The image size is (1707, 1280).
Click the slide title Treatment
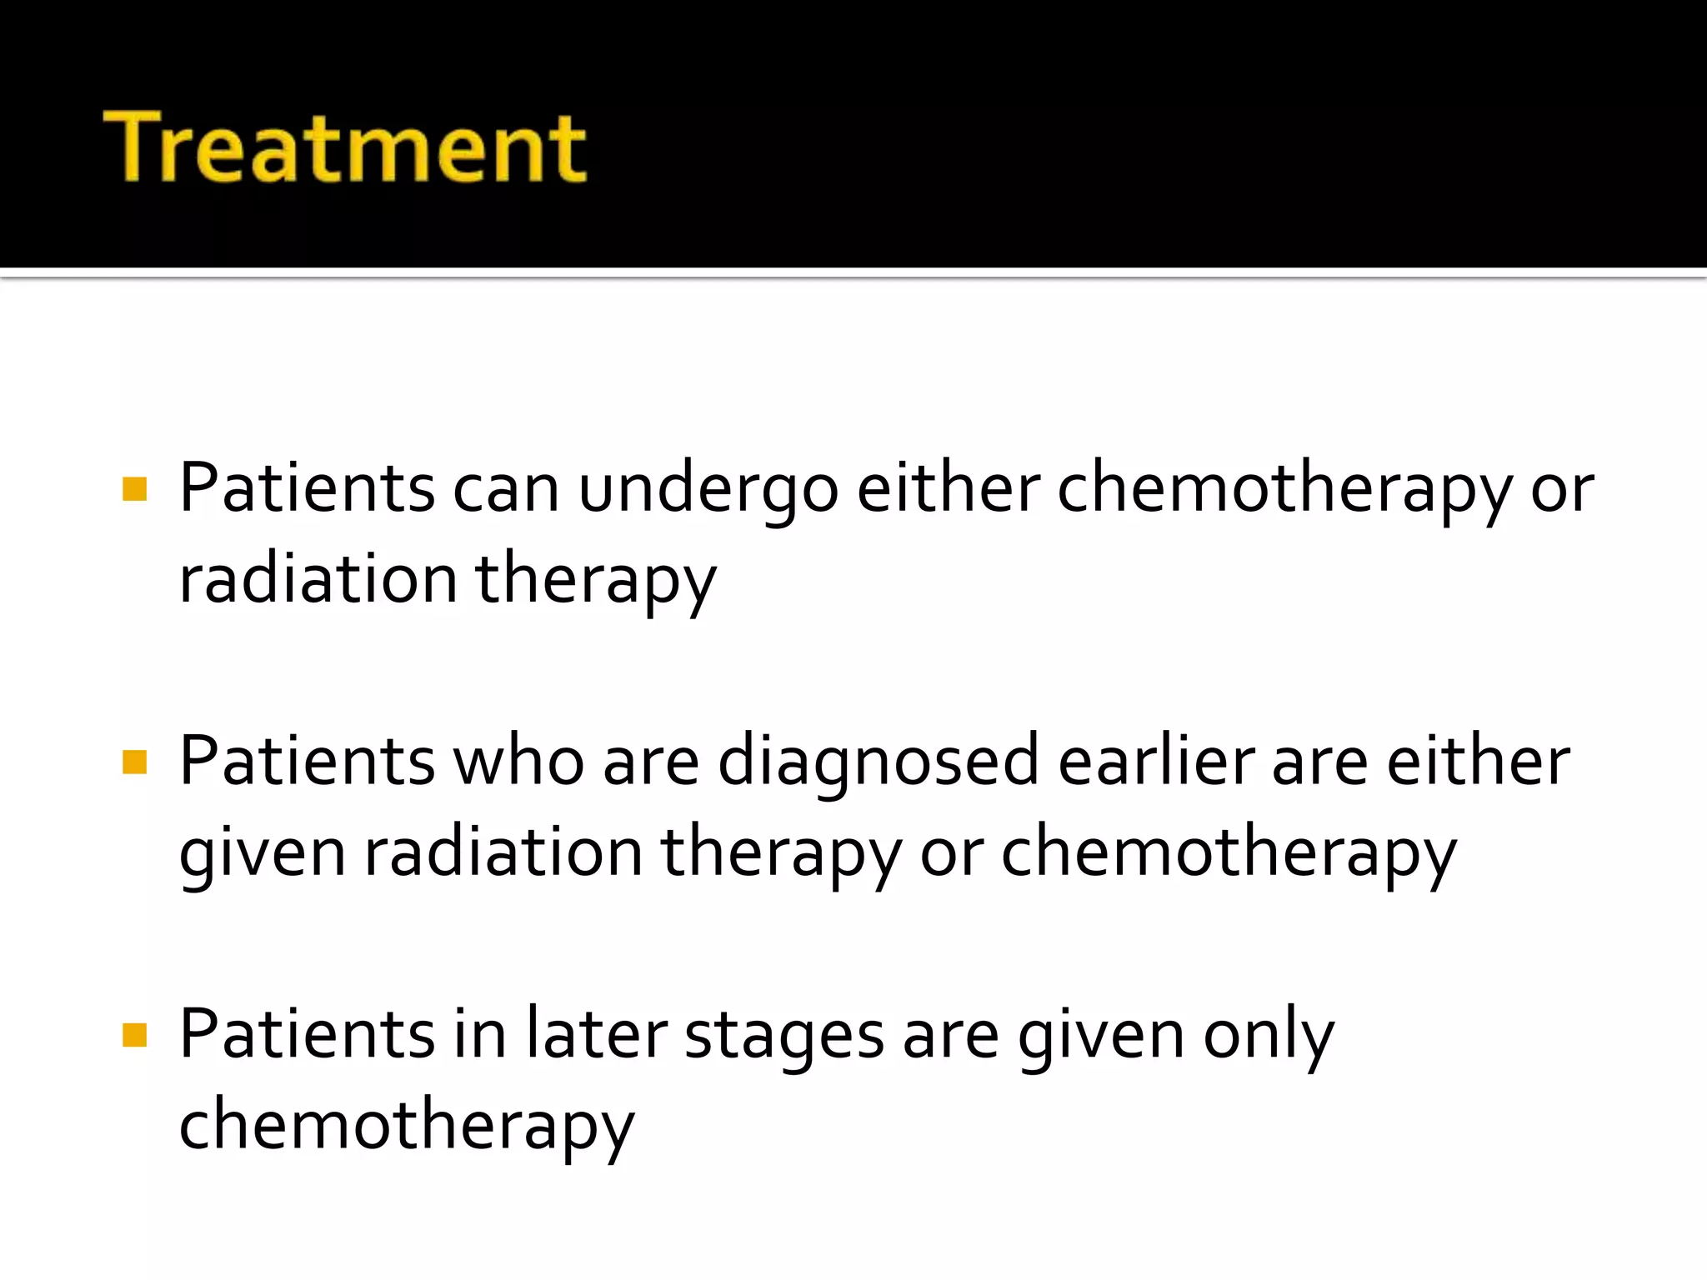[x=345, y=147]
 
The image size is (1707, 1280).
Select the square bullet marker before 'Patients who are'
[x=134, y=762]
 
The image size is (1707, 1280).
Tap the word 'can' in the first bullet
[x=505, y=490]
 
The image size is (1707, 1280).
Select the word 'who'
[x=518, y=762]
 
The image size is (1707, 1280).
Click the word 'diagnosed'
[x=878, y=762]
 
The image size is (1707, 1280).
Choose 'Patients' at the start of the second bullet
[x=307, y=762]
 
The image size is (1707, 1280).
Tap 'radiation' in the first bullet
[x=318, y=580]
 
